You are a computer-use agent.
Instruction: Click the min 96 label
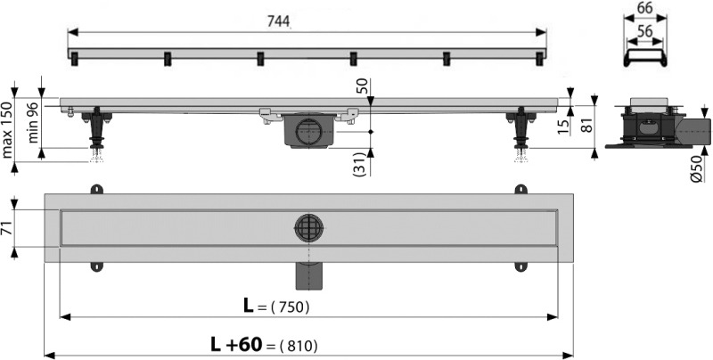pyautogui.click(x=33, y=124)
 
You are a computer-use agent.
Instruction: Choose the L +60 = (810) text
pyautogui.click(x=264, y=344)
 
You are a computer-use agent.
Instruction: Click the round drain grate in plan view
pyautogui.click(x=308, y=228)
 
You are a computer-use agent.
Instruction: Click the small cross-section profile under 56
pyautogui.click(x=643, y=54)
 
